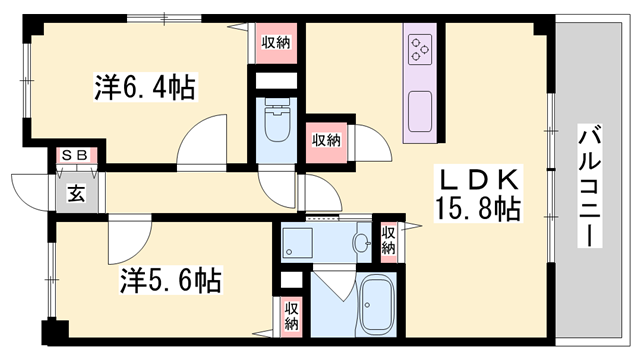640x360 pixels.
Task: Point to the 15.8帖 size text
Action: click(476, 209)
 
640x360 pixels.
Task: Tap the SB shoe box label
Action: click(75, 156)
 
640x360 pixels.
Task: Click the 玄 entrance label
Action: click(75, 194)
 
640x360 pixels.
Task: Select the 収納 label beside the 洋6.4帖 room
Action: click(276, 43)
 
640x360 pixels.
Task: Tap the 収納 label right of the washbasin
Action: click(388, 240)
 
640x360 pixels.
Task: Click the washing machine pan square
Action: click(297, 240)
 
